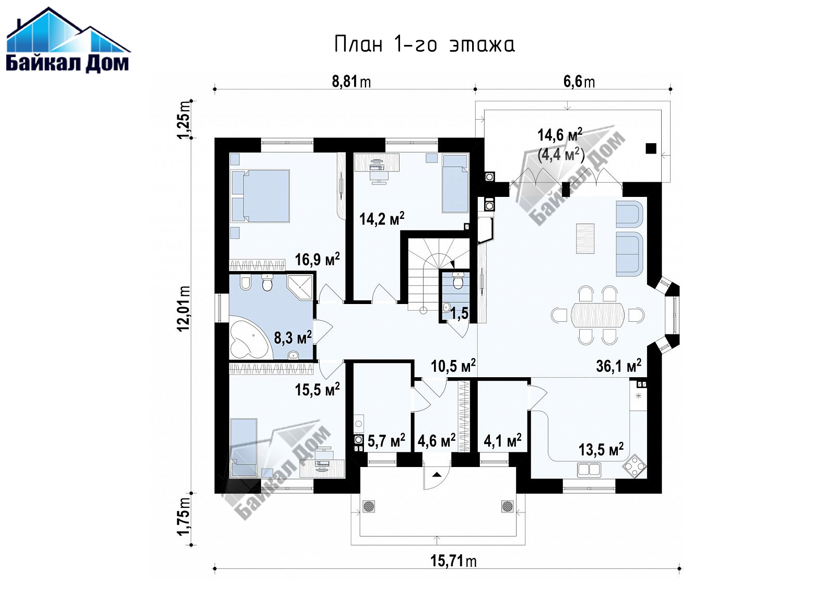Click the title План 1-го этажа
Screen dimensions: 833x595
pos(425,44)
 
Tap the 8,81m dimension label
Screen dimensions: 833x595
pos(351,81)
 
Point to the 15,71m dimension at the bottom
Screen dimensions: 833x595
pos(453,561)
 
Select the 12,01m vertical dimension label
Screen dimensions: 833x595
pos(184,308)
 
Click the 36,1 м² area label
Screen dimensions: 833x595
pos(618,366)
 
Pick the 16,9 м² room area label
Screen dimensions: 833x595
pos(317,259)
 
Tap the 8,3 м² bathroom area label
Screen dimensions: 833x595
pos(292,337)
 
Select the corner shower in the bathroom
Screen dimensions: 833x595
pos(299,287)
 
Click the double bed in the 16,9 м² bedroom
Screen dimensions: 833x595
pos(260,196)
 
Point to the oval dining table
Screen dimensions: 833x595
pos(597,315)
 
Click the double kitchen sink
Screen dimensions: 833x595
pos(589,470)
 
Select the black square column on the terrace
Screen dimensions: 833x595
pos(651,148)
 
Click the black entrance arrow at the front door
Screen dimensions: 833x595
pos(437,474)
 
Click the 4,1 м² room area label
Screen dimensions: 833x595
pos(502,440)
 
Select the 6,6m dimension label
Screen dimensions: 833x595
pos(579,81)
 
